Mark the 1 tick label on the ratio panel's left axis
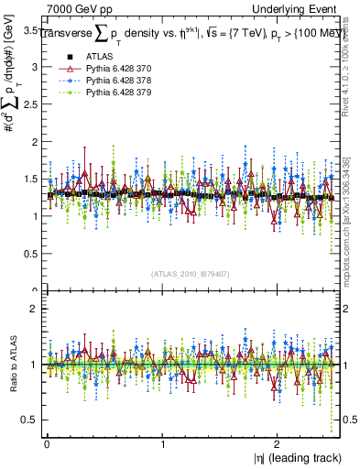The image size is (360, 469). [x=33, y=365]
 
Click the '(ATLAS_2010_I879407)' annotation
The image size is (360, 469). [x=190, y=273]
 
